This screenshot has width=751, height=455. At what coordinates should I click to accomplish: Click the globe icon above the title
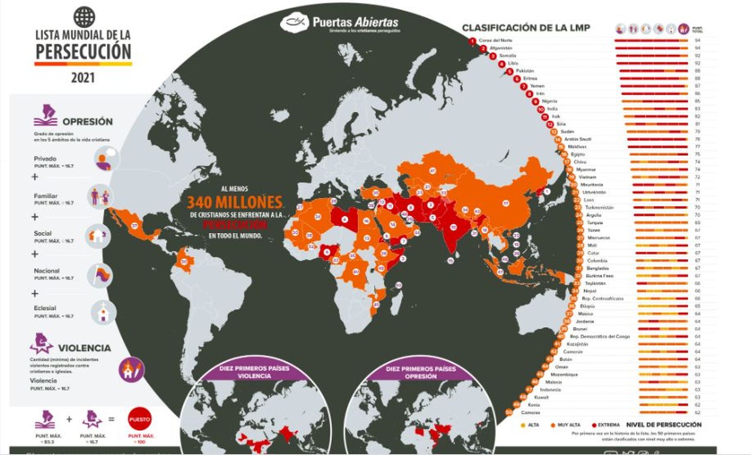point(84,17)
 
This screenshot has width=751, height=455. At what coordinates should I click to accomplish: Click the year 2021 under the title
point(83,77)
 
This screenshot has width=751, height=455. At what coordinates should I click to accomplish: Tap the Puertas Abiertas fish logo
point(295,22)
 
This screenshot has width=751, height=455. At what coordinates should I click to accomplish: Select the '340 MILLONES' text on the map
point(235,202)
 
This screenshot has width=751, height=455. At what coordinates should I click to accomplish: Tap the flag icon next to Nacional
point(100,275)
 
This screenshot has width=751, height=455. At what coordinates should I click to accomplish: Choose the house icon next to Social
point(99,235)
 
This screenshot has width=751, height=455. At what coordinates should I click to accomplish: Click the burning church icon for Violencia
point(131,369)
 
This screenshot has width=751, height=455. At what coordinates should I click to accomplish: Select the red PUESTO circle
point(139,419)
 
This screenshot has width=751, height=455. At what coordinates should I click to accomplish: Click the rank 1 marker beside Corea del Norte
point(472,41)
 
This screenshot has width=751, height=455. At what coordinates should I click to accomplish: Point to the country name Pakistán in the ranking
point(525,71)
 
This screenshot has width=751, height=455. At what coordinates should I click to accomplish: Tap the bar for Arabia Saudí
point(659,139)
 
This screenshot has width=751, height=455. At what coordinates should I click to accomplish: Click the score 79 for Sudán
point(697,132)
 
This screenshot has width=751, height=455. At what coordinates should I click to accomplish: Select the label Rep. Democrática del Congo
point(600,336)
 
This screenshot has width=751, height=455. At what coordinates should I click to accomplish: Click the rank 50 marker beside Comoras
point(509,412)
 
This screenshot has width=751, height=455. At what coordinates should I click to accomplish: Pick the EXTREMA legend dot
point(594,425)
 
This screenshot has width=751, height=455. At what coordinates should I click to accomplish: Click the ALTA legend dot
point(523,425)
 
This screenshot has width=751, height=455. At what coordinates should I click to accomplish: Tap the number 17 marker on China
point(506,204)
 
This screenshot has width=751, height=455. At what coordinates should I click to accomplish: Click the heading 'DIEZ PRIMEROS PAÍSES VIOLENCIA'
point(254,372)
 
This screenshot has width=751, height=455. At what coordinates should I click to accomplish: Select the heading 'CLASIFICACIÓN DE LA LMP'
point(526,28)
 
